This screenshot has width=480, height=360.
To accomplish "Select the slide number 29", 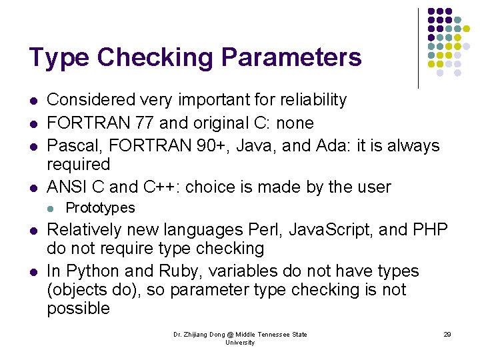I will [x=447, y=335].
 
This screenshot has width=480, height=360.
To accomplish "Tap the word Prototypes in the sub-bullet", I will [x=100, y=208].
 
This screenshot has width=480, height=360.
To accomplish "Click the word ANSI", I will [x=68, y=187].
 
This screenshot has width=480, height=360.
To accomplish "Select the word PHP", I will [x=431, y=230].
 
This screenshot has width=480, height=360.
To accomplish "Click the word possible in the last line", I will [x=78, y=309].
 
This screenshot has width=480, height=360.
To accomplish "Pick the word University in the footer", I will [x=240, y=343].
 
